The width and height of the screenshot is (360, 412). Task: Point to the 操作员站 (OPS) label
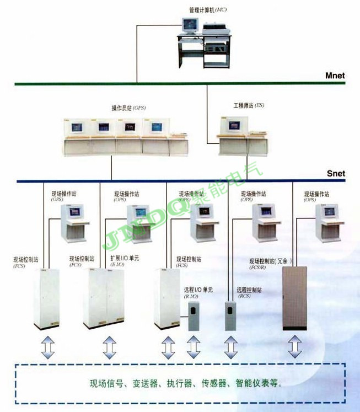click(x=128, y=108)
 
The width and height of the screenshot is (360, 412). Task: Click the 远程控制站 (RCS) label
click(x=249, y=290)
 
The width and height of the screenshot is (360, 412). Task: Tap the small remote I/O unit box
click(x=194, y=315)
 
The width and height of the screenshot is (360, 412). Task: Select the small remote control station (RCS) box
click(x=230, y=316)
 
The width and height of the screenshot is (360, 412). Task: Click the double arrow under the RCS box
click(x=230, y=347)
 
